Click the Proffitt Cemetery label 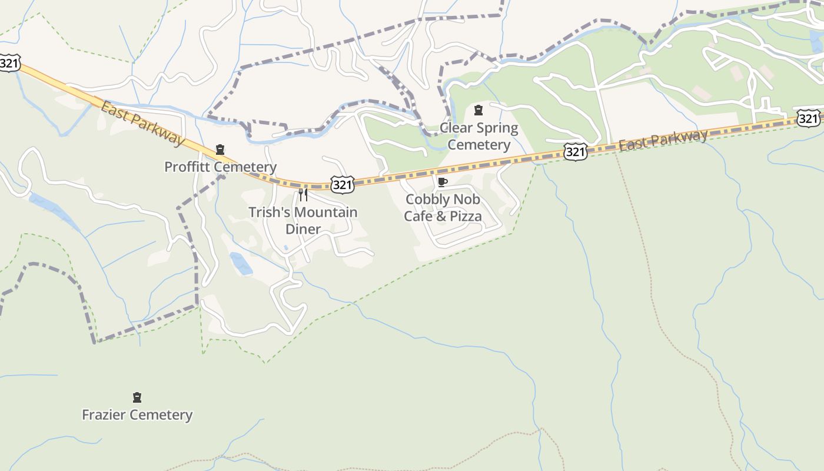[x=220, y=167]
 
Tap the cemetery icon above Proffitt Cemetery [x=220, y=150]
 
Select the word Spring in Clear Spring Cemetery [x=497, y=128]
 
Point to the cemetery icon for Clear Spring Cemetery [x=479, y=110]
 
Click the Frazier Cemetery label [x=137, y=414]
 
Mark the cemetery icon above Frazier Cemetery [x=137, y=397]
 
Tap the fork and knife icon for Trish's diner [x=303, y=194]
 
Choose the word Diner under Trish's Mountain [x=303, y=229]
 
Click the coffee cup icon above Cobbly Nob [x=443, y=182]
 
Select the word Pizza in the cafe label [x=465, y=216]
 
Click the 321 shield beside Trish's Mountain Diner [x=342, y=185]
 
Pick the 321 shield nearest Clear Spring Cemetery [x=575, y=152]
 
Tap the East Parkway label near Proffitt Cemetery [x=142, y=122]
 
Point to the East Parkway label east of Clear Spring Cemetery [x=663, y=140]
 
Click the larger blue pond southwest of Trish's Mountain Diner [x=241, y=263]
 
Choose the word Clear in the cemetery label [x=457, y=128]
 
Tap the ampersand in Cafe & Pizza [x=441, y=216]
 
